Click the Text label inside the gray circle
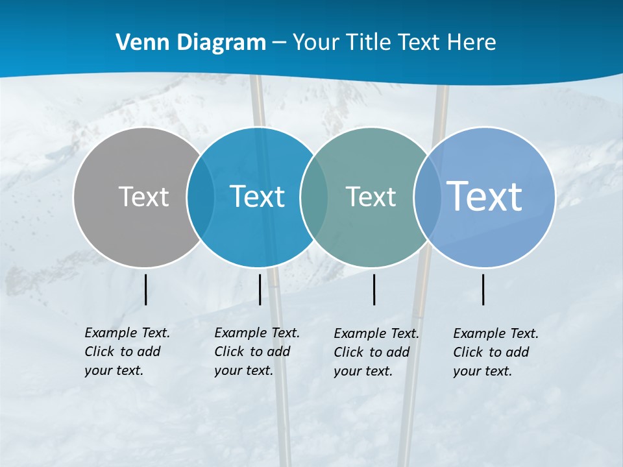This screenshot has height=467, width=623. pos(143,197)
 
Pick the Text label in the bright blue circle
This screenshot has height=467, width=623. pos(257,197)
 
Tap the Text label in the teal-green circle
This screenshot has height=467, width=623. pos(371,197)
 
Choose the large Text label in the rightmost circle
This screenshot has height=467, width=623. pos(485,196)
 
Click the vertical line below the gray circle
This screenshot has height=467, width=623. pos(146,289)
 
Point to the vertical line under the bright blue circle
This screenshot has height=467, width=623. pos(260,289)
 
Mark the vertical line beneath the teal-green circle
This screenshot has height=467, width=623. pos(374,289)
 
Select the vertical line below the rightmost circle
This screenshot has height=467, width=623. pos(483,289)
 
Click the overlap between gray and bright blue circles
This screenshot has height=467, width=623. pos(200,197)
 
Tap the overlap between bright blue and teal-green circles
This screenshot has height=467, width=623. pos(314,197)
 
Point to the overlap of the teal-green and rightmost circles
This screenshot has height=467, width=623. pos(426,197)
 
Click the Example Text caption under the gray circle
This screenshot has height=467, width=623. pos(127,352)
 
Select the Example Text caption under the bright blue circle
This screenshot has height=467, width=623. pos(256,352)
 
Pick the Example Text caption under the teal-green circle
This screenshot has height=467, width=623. pos(376,352)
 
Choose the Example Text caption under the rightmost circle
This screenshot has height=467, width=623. pos(495,352)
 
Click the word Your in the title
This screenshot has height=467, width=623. pos(315,43)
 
